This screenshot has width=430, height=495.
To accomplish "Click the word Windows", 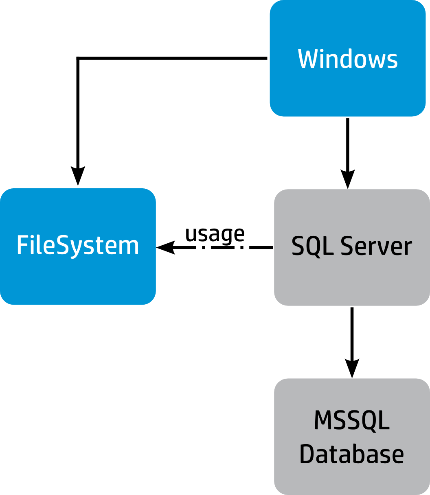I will point(347,59).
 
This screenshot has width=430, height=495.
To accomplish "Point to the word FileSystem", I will point(78,246).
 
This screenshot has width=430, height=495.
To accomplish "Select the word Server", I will point(376,246).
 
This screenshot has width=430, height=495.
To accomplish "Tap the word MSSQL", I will point(352,421).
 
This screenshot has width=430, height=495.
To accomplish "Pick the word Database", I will point(352,454).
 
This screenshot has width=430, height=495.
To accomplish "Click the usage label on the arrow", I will point(215,234).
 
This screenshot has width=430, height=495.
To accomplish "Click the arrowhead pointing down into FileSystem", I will point(78,176).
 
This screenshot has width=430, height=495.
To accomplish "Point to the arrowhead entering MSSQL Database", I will point(352,368).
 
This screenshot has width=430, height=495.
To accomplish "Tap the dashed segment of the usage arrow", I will point(228,247).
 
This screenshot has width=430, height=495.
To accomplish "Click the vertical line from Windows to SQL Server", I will point(348,142).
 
